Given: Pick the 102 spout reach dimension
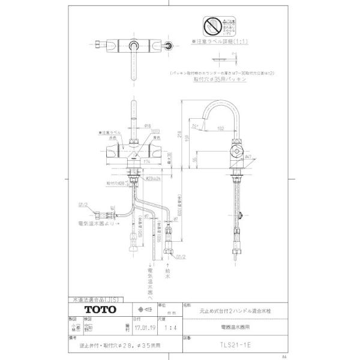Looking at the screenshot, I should point(221,127).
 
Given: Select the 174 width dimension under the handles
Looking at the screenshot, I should point(148,161).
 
